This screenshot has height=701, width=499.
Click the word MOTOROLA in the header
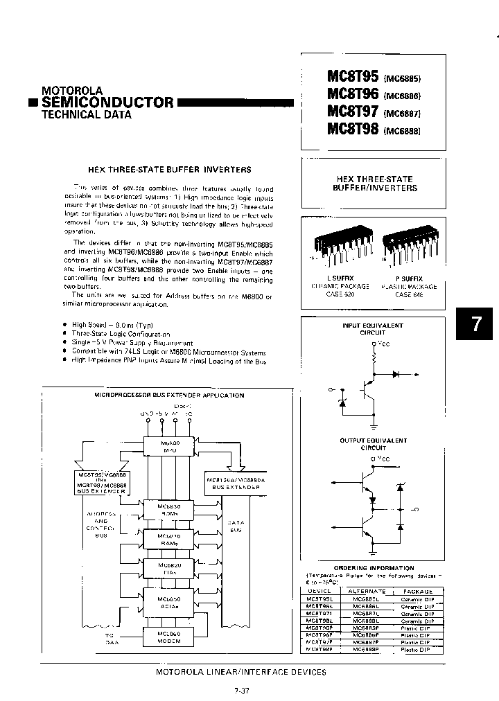[72, 90]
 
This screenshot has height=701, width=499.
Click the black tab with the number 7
[475, 325]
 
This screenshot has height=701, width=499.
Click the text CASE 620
[339, 294]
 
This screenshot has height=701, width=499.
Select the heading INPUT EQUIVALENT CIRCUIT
[373, 328]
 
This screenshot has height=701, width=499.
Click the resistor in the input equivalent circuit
[375, 358]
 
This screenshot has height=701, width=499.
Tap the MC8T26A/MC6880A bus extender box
[233, 483]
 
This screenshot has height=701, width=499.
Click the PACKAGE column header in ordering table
[417, 592]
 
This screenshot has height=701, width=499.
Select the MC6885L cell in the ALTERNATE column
[365, 598]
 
